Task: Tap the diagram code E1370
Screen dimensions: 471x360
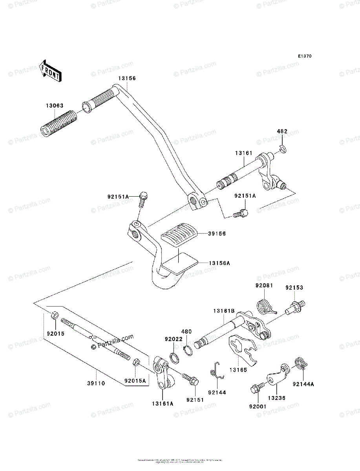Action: pos(304,57)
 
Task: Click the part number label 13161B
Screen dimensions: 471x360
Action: pos(224,310)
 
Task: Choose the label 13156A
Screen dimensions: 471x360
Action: pos(218,263)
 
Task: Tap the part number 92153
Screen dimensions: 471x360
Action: pos(294,288)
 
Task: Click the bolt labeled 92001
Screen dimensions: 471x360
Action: pos(254,390)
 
